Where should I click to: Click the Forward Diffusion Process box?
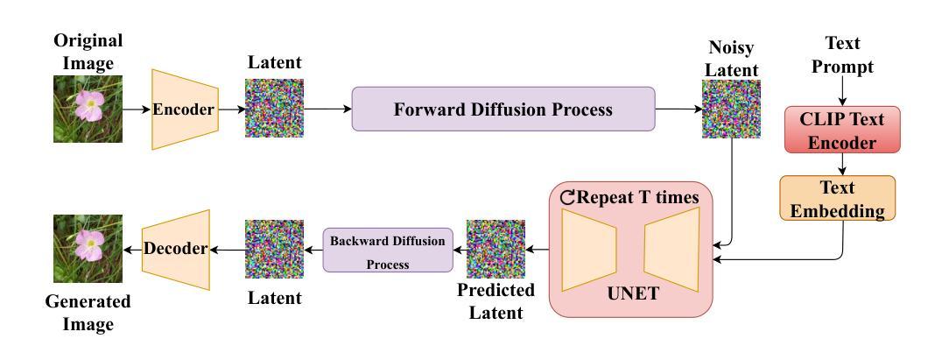pos(503,109)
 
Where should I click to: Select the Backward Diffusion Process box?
pos(388,250)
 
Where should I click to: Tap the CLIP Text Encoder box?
pos(842,130)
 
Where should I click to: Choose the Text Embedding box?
pos(837,198)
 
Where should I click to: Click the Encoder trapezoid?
pos(185,109)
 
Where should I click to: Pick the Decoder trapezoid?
pos(176,250)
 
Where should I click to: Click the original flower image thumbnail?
pos(88,109)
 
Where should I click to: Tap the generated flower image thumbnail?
pos(88,249)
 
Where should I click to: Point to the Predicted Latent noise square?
pos(496,249)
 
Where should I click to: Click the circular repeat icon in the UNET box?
pos(567,197)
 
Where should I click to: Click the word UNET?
pos(633,294)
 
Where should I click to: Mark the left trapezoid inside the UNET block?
pos(589,250)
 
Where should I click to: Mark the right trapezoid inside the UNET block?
pos(671,250)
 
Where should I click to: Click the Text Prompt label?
pos(842,54)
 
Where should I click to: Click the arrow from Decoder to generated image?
pos(132,250)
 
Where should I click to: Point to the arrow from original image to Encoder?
pos(137,109)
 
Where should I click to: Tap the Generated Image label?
pos(88,313)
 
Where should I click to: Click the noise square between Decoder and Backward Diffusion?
pos(274,249)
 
